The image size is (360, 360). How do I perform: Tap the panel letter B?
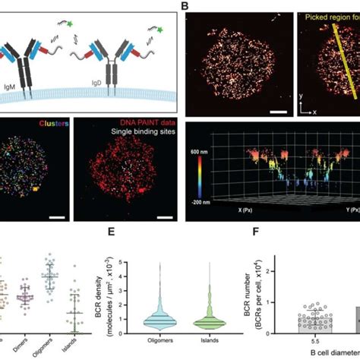pyautogui.click(x=184, y=6)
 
